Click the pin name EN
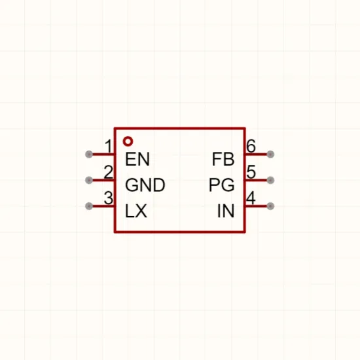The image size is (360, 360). pyautogui.click(x=137, y=159)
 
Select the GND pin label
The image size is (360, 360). pyautogui.click(x=145, y=185)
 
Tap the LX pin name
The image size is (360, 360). pyautogui.click(x=136, y=211)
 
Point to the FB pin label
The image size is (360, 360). pyautogui.click(x=223, y=159)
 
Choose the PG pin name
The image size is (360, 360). pyautogui.click(x=222, y=185)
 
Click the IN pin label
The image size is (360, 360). pyautogui.click(x=226, y=211)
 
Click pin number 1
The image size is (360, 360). pyautogui.click(x=109, y=146)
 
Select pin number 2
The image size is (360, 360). pyautogui.click(x=109, y=172)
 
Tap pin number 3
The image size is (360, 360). pyautogui.click(x=109, y=198)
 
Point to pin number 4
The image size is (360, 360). pyautogui.click(x=251, y=198)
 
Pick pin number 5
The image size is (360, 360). pyautogui.click(x=251, y=172)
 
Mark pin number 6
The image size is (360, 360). pyautogui.click(x=251, y=146)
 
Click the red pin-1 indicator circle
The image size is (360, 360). pyautogui.click(x=128, y=141)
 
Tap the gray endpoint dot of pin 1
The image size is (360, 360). pyautogui.click(x=89, y=154)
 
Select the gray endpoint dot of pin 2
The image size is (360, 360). pyautogui.click(x=89, y=180)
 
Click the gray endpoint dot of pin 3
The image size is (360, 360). pyautogui.click(x=89, y=206)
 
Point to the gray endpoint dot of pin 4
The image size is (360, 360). pyautogui.click(x=271, y=206)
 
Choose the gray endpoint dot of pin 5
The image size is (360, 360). pyautogui.click(x=271, y=180)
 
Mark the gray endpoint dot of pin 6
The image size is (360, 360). pyautogui.click(x=271, y=154)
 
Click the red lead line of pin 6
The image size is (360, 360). pyautogui.click(x=257, y=154)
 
